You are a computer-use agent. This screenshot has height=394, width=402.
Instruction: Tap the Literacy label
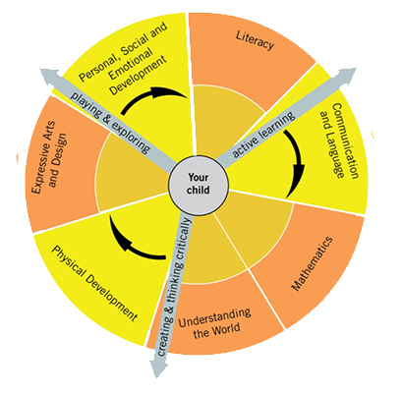click(255, 40)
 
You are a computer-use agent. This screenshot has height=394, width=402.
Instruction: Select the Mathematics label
click(313, 263)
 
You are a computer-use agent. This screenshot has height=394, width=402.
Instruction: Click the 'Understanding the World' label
click(214, 323)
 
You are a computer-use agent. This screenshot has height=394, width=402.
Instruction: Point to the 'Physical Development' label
click(94, 283)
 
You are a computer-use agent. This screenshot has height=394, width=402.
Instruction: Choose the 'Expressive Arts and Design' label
click(49, 157)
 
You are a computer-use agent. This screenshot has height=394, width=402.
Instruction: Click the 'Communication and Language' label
click(339, 141)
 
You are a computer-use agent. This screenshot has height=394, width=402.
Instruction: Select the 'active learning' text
click(263, 135)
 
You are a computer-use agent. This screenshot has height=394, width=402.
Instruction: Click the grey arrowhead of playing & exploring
click(48, 75)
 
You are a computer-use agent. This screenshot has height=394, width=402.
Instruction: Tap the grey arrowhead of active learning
click(347, 75)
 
